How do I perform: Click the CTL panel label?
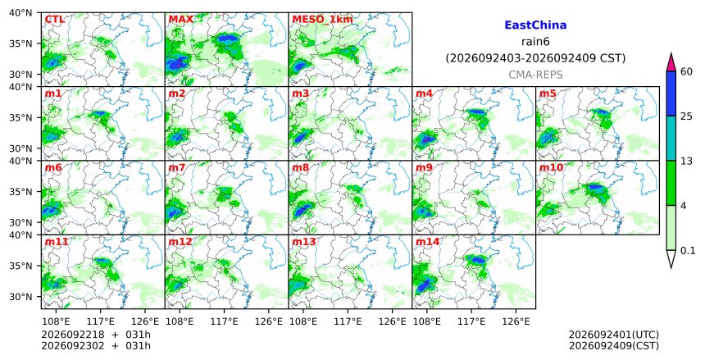[54, 20]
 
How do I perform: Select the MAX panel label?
[180, 20]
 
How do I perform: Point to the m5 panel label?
[547, 93]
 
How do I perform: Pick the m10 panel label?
[551, 168]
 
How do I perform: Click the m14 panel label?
[427, 242]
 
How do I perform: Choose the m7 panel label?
[177, 168]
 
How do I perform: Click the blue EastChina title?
[535, 25]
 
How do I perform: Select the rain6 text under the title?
[535, 42]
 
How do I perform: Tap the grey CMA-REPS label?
[535, 75]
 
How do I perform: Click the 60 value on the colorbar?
[686, 71]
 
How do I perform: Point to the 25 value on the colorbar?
[686, 116]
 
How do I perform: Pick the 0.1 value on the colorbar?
[688, 251]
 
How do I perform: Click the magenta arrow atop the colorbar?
[671, 63]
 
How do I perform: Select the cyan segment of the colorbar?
[671, 139]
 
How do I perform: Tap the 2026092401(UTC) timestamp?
[614, 335]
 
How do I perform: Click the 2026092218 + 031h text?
[96, 335]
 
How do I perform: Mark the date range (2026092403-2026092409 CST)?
[535, 58]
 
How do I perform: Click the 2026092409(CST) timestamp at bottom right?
[614, 346]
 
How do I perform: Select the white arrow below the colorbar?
[671, 258]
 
